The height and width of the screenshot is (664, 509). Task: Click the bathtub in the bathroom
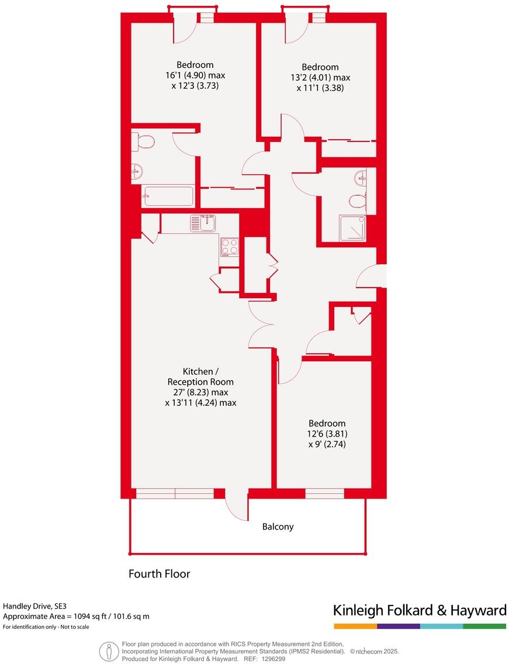tap(168, 196)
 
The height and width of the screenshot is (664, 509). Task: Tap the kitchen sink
tap(203, 223)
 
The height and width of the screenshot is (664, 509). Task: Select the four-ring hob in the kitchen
tap(229, 247)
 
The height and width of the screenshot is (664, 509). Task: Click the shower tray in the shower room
tap(353, 229)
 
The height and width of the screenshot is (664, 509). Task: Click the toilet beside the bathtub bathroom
tap(144, 141)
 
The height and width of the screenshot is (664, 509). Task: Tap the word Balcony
tap(278, 527)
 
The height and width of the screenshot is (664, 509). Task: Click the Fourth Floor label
tap(159, 574)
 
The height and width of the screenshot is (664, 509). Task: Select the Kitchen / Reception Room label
tap(200, 376)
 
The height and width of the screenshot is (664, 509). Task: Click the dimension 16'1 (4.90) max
tap(195, 75)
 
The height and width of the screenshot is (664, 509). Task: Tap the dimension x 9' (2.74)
tap(327, 444)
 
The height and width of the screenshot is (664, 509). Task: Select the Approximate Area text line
tap(76, 616)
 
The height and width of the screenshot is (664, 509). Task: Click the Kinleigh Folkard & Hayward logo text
tap(419, 611)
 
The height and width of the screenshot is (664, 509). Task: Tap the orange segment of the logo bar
tap(355, 626)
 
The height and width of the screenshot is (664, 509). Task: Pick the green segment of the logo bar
tap(484, 626)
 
